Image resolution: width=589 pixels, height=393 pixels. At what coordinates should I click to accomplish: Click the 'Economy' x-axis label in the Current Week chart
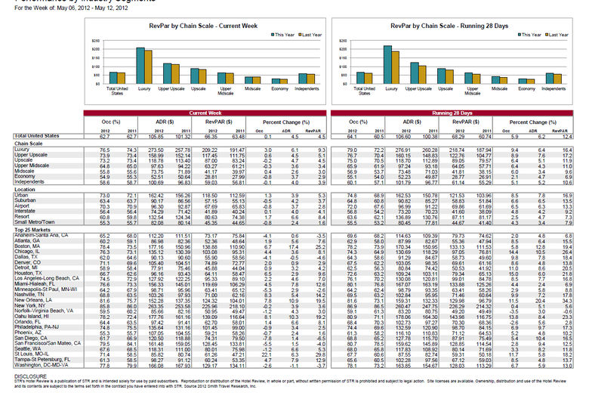[278, 90]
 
